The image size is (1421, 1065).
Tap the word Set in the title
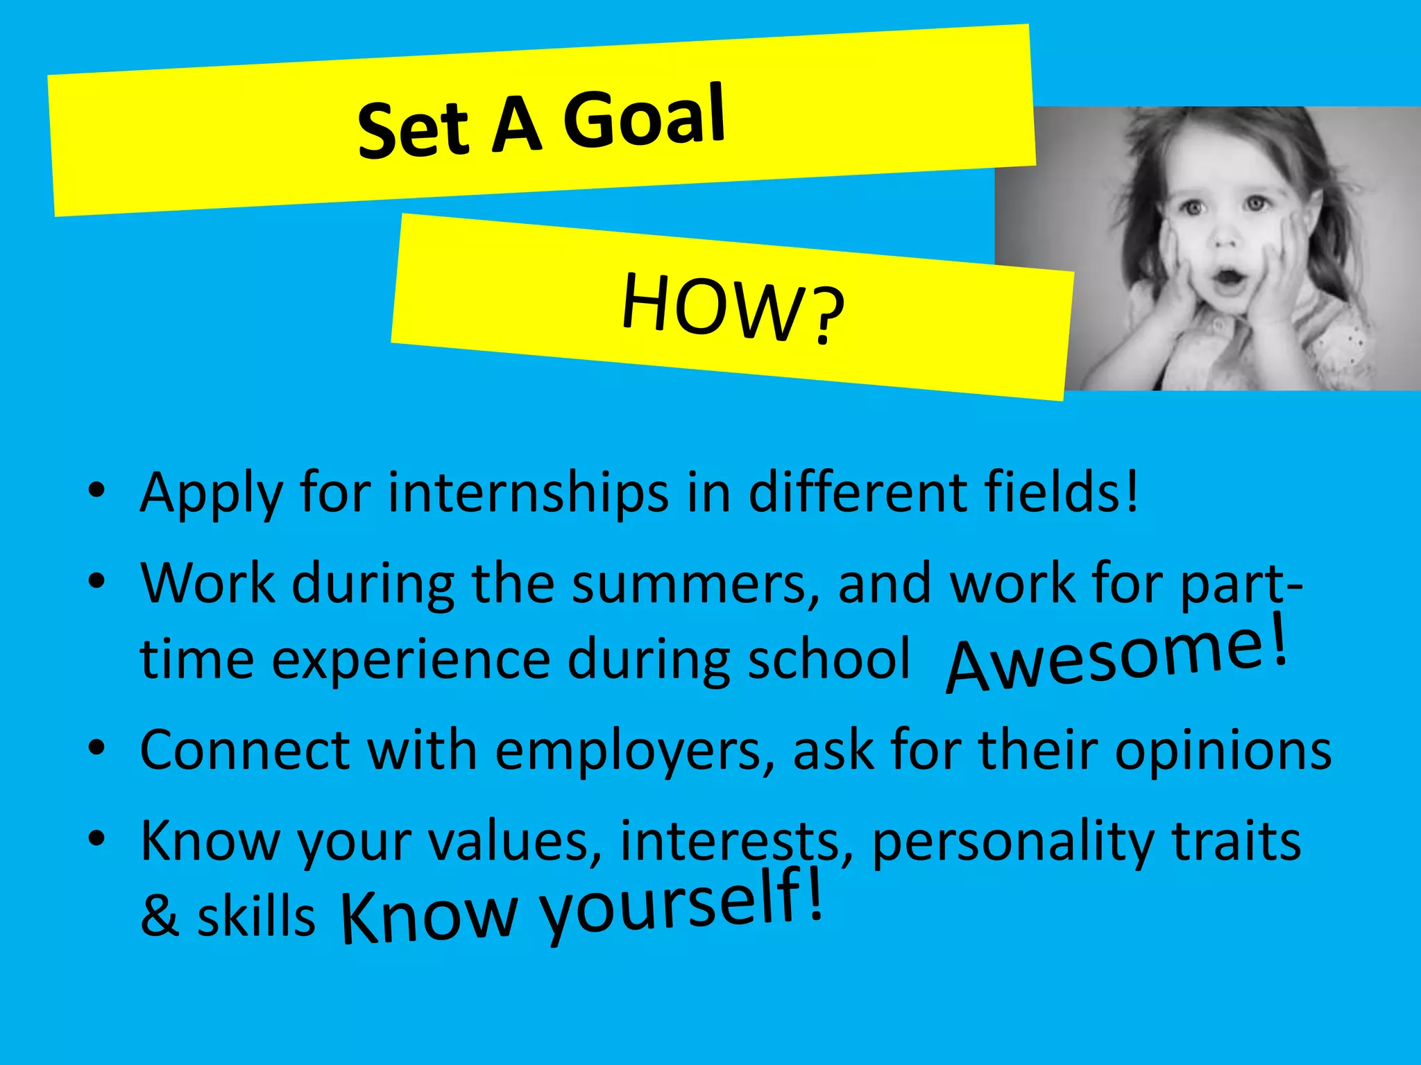click(x=414, y=129)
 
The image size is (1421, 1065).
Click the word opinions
click(x=1223, y=750)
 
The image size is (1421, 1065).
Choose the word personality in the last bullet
click(x=1012, y=842)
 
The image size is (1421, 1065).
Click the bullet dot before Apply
click(x=96, y=491)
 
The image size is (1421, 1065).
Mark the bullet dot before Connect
click(x=96, y=749)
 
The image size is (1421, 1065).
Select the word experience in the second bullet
click(x=411, y=660)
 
